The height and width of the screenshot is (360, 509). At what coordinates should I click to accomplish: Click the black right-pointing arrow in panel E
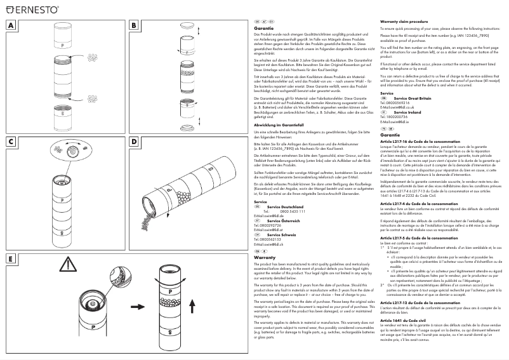(135, 306)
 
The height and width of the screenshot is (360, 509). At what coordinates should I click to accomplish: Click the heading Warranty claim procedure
(405, 22)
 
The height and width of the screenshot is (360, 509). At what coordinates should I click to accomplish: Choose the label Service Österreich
(284, 203)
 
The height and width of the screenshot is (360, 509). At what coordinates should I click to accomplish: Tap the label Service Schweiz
(283, 216)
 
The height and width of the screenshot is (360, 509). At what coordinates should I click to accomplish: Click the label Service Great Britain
(414, 99)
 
